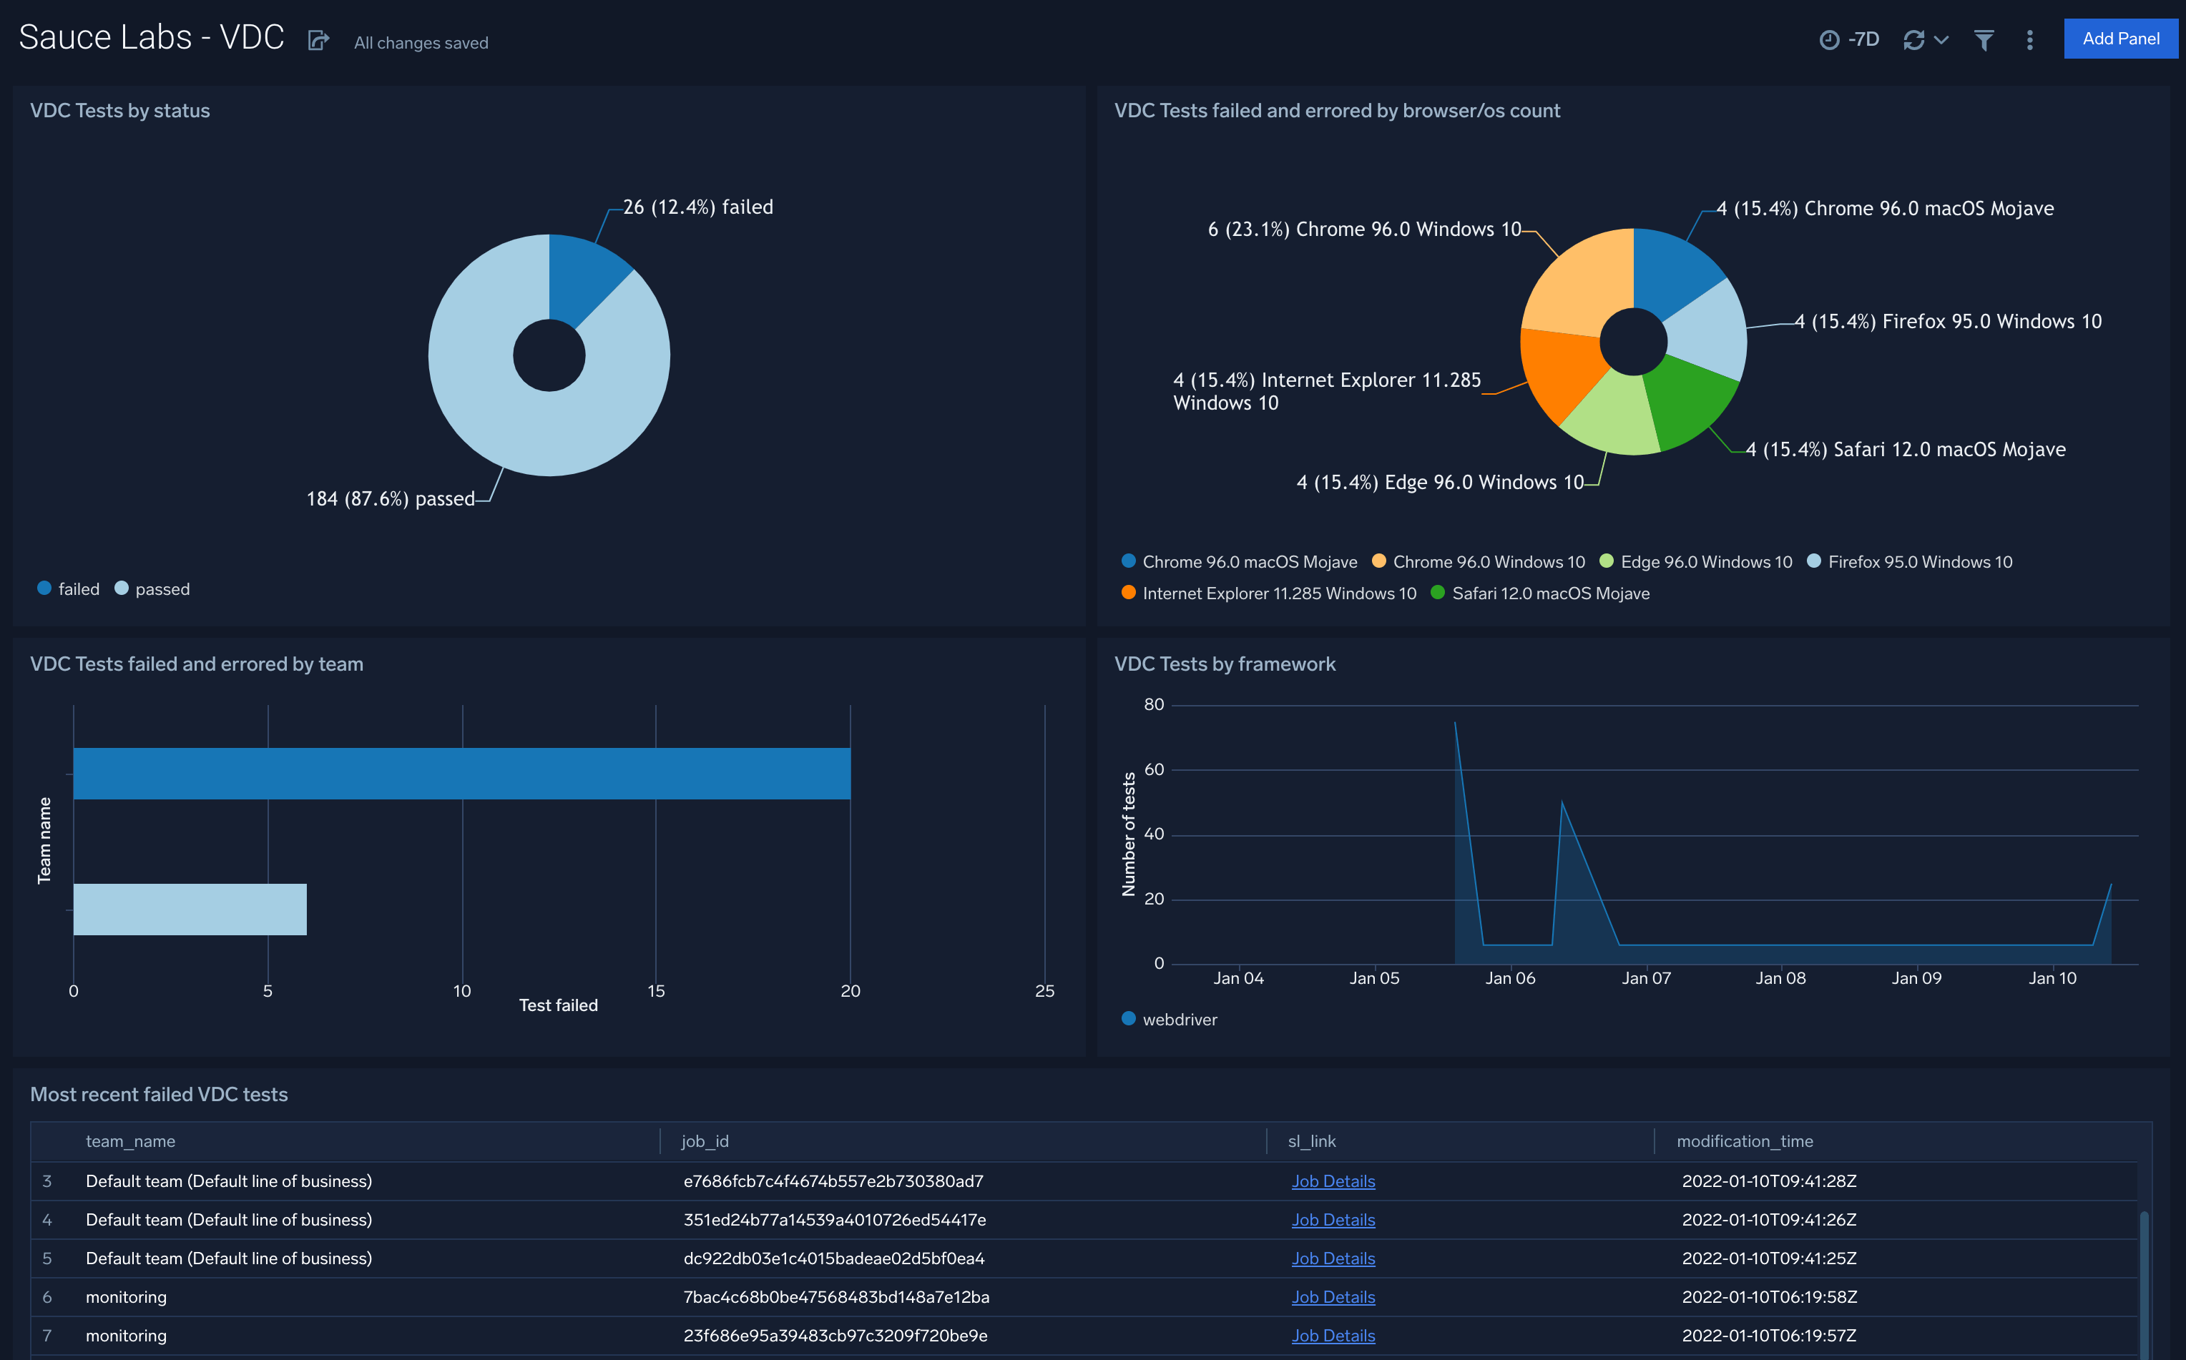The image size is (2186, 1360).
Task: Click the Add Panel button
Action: (2119, 39)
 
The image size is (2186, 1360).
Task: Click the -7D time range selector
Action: (1850, 39)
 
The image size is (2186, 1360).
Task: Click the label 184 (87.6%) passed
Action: (390, 498)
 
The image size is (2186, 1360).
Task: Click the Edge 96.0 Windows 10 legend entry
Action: (1705, 562)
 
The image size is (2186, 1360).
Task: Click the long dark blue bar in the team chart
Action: (461, 774)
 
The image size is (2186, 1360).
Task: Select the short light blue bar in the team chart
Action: (190, 910)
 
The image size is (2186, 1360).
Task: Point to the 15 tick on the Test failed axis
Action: (656, 990)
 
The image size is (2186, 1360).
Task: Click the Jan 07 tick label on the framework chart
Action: (1645, 977)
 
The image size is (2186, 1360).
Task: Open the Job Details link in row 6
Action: (1333, 1297)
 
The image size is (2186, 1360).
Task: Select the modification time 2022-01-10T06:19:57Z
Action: (1768, 1336)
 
